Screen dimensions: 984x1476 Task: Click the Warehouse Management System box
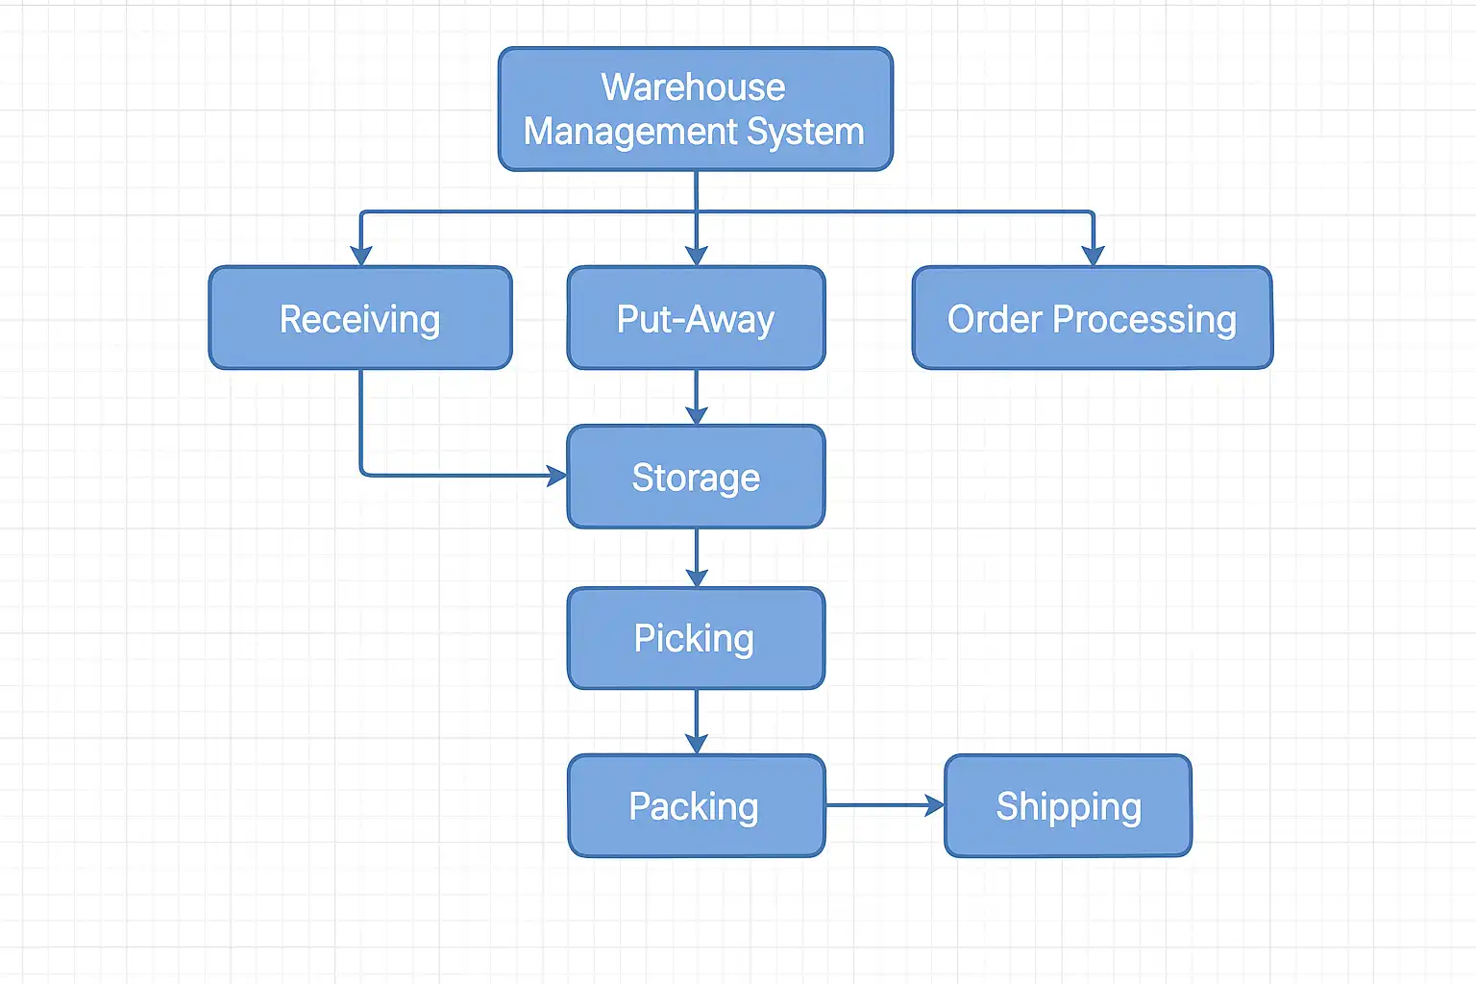(x=695, y=110)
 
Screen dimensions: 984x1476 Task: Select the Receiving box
(x=360, y=318)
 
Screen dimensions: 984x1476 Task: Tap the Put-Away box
(x=696, y=318)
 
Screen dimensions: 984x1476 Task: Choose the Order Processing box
(x=1093, y=318)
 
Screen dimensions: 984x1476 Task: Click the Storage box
(x=696, y=477)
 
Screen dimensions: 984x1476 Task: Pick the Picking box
(x=696, y=638)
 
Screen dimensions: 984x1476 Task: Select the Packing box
(x=696, y=805)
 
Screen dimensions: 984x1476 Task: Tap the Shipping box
(x=1068, y=805)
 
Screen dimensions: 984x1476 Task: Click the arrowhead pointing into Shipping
(x=934, y=805)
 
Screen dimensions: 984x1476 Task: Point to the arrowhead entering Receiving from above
(x=360, y=255)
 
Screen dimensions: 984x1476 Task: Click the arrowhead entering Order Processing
(x=1093, y=255)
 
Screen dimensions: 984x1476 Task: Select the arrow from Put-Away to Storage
(x=696, y=396)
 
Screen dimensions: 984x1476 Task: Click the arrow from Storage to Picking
(x=696, y=557)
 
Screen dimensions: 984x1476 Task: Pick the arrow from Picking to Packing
(x=696, y=721)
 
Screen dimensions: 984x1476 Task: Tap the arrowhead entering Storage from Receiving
(x=556, y=475)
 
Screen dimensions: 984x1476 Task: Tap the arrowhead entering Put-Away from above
(x=696, y=255)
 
